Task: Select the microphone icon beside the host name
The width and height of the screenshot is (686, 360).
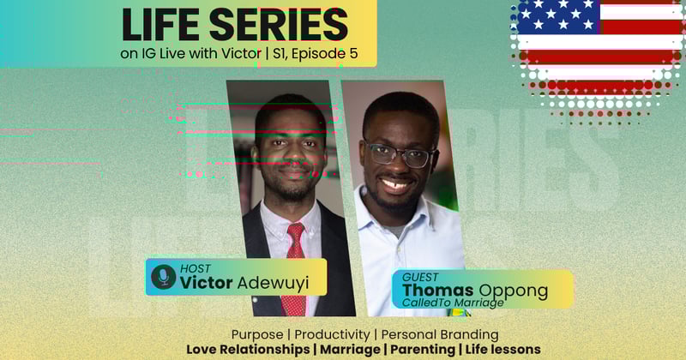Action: click(x=162, y=276)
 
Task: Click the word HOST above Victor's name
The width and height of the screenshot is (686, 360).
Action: click(x=196, y=268)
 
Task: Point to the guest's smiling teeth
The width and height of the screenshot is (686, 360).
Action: click(x=397, y=184)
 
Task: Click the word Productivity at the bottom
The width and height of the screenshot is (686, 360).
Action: click(x=336, y=333)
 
